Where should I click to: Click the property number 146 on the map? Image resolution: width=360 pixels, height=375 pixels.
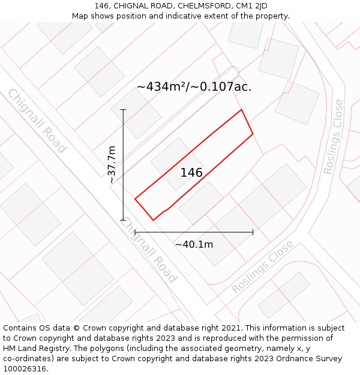[x=191, y=173]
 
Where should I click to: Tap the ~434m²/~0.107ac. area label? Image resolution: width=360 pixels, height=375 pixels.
[x=194, y=86]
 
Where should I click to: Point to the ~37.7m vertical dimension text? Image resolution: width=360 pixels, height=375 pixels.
[x=111, y=164]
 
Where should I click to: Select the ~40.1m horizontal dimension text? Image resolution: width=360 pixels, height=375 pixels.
[x=194, y=244]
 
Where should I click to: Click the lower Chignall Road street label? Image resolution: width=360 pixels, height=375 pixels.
[x=148, y=250]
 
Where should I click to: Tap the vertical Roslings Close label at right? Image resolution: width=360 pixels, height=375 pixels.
[x=333, y=137]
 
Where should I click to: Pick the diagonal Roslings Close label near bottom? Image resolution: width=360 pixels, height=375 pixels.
[x=262, y=266]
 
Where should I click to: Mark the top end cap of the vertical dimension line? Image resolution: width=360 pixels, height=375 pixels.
[x=123, y=110]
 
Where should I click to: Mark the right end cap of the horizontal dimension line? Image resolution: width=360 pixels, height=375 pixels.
[x=253, y=232]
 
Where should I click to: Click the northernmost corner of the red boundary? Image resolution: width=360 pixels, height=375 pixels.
[x=241, y=110]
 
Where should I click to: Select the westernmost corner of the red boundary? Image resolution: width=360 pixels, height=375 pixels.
[x=135, y=199]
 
